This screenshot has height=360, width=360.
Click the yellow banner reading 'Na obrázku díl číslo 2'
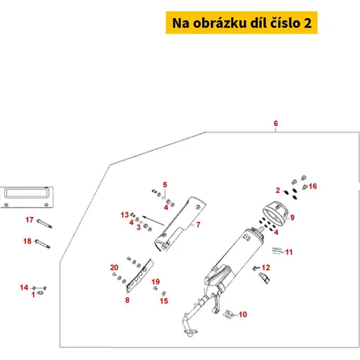pyautogui.click(x=241, y=22)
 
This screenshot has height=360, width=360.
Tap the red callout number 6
pyautogui.click(x=276, y=123)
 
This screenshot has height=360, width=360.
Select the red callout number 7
pyautogui.click(x=198, y=225)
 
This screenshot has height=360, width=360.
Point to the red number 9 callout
pyautogui.click(x=292, y=217)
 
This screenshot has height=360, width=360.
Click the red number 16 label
pyautogui.click(x=312, y=186)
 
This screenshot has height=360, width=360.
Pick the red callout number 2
pyautogui.click(x=278, y=190)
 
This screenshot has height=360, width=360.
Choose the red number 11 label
pyautogui.click(x=289, y=252)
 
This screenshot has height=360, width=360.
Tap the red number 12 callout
pyautogui.click(x=266, y=267)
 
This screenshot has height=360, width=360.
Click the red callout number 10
pyautogui.click(x=243, y=315)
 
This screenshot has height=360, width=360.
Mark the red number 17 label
pyautogui.click(x=30, y=220)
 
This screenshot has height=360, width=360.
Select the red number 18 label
pyautogui.click(x=27, y=241)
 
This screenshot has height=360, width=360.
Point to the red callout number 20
pyautogui.click(x=114, y=267)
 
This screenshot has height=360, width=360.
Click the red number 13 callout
pyautogui.click(x=125, y=215)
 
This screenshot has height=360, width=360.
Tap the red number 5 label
pyautogui.click(x=165, y=184)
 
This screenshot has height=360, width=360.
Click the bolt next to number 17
pyautogui.click(x=45, y=224)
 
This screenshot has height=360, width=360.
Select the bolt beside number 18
pyautogui.click(x=42, y=244)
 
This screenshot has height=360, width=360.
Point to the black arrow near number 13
pyautogui.click(x=153, y=220)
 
